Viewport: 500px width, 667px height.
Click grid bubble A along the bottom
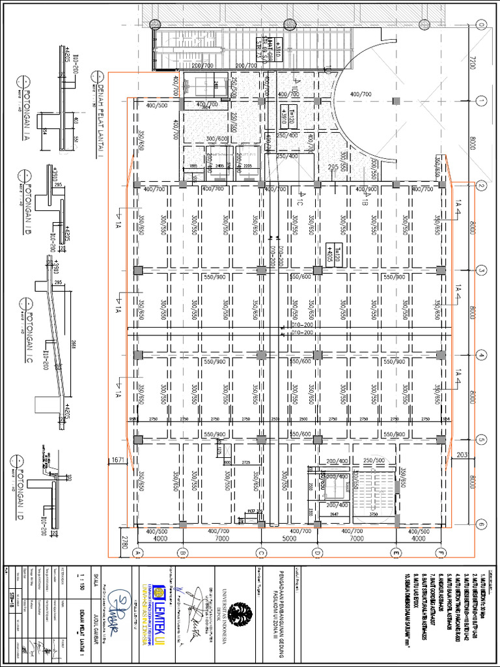pyautogui.click(x=137, y=553)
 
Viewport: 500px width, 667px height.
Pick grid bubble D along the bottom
pyautogui.click(x=317, y=553)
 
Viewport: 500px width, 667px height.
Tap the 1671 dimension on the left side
pyautogui.click(x=118, y=460)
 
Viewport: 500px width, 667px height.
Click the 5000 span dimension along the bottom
pyautogui.click(x=288, y=539)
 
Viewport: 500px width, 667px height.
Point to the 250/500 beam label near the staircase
pyautogui.click(x=374, y=460)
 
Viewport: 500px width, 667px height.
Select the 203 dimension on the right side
pyautogui.click(x=462, y=454)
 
